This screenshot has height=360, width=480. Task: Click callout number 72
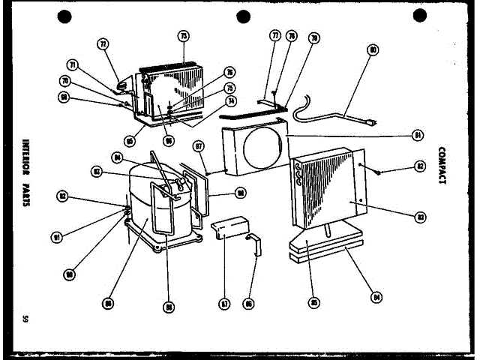[x=103, y=44]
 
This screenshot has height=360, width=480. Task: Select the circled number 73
[x=184, y=35]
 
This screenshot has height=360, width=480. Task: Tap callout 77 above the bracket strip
[x=275, y=35]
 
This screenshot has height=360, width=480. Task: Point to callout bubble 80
[x=373, y=52]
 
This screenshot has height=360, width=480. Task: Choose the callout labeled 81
[x=417, y=136]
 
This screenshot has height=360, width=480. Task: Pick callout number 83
[x=421, y=216]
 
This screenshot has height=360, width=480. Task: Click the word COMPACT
[x=442, y=166]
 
